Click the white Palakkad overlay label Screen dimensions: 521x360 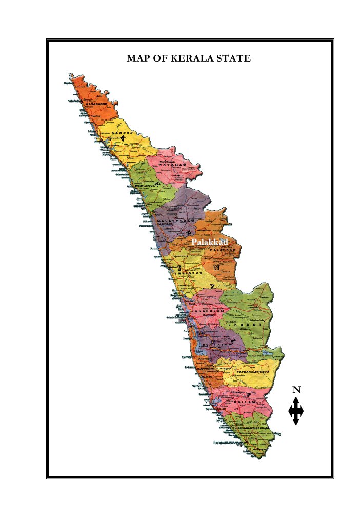pyautogui.click(x=209, y=242)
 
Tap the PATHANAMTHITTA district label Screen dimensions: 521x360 pyautogui.click(x=253, y=371)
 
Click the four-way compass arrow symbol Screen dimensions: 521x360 pyautogui.click(x=296, y=411)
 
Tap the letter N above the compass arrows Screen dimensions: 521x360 pyautogui.click(x=296, y=390)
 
